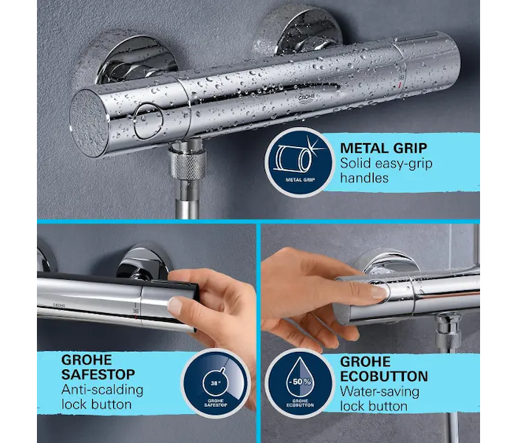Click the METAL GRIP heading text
tap(383, 148)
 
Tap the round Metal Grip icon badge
tap(300, 162)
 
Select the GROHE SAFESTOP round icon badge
tap(216, 383)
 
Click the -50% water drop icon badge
tap(300, 383)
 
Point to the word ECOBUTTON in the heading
tap(384, 376)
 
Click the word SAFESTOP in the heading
tap(98, 374)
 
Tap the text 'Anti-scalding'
tap(102, 390)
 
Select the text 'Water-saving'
tap(380, 392)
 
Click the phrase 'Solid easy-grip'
tap(386, 163)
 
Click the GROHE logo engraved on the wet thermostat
tap(307, 98)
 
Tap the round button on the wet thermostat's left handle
tap(148, 120)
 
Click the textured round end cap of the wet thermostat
tap(89, 123)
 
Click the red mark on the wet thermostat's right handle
tap(400, 86)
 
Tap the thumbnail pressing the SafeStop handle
tap(176, 306)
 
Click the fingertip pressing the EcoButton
tap(378, 292)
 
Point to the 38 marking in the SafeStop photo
tap(135, 311)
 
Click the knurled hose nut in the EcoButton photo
tap(448, 339)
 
